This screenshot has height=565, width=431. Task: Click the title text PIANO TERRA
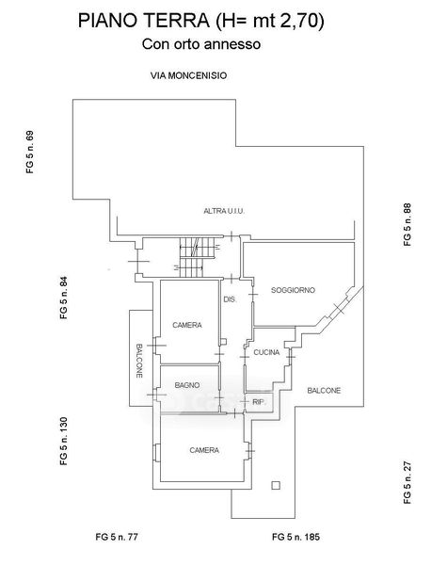[x=144, y=21]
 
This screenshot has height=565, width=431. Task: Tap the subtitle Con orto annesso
[x=201, y=44]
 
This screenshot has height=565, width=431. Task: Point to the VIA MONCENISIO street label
[x=188, y=75]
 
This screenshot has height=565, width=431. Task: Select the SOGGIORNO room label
[x=293, y=290]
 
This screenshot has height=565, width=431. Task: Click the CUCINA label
[x=266, y=352]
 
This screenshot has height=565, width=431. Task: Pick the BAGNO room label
[x=187, y=385]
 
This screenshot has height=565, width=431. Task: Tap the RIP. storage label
[x=259, y=402]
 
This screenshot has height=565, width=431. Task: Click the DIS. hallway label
[x=230, y=299]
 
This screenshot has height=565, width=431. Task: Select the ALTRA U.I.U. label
[x=224, y=211]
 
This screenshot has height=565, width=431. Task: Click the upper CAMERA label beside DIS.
[x=187, y=325]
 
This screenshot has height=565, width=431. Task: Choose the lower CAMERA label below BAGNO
[x=204, y=450]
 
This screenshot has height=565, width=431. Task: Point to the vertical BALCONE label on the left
[x=139, y=361]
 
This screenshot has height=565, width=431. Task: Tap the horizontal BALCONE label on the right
[x=324, y=390]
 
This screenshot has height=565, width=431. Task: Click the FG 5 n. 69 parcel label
[x=30, y=152]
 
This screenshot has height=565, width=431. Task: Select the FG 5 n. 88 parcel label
[x=407, y=225]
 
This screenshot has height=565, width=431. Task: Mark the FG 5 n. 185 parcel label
[x=296, y=537]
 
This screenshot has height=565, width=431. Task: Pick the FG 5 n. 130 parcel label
[x=64, y=441]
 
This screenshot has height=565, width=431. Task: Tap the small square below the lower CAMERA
[x=276, y=485]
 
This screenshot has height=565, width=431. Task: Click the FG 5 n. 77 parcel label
[x=117, y=537]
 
